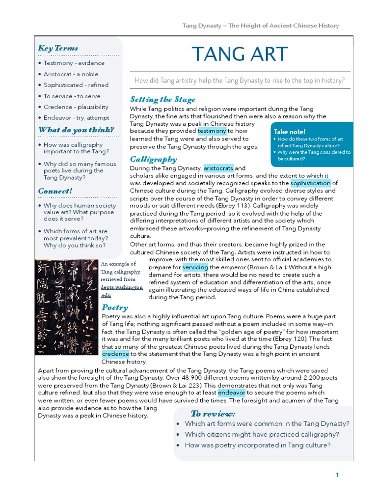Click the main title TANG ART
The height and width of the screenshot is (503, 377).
pos(240,54)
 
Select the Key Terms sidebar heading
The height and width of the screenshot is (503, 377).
pos(58,48)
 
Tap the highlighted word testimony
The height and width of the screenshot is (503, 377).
pos(212,131)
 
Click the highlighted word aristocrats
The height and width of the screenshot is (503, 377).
pos(218,168)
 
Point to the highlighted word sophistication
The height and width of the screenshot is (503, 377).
pos(310,183)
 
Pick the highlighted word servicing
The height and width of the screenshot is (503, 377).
pos(195,267)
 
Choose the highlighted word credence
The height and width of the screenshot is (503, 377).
pos(116,354)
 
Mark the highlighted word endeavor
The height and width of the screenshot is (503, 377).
pos(232,392)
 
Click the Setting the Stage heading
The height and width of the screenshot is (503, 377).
pos(162,99)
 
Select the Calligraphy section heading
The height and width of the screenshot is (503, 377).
pos(153,159)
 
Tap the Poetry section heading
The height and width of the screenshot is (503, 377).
pos(114,307)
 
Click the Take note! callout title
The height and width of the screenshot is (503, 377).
pos(290,132)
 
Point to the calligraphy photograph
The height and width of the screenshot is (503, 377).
pos(66,307)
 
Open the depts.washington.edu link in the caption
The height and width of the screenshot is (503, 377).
pos(122,291)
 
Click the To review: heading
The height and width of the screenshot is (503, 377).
pos(213,414)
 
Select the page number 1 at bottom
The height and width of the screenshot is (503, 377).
pos(337,475)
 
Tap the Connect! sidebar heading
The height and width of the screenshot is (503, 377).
pos(55,191)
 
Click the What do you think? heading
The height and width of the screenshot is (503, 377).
pos(76,130)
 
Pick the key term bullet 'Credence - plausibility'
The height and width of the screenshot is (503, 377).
pos(76,107)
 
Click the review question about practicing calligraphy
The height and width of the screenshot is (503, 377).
pos(262,434)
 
